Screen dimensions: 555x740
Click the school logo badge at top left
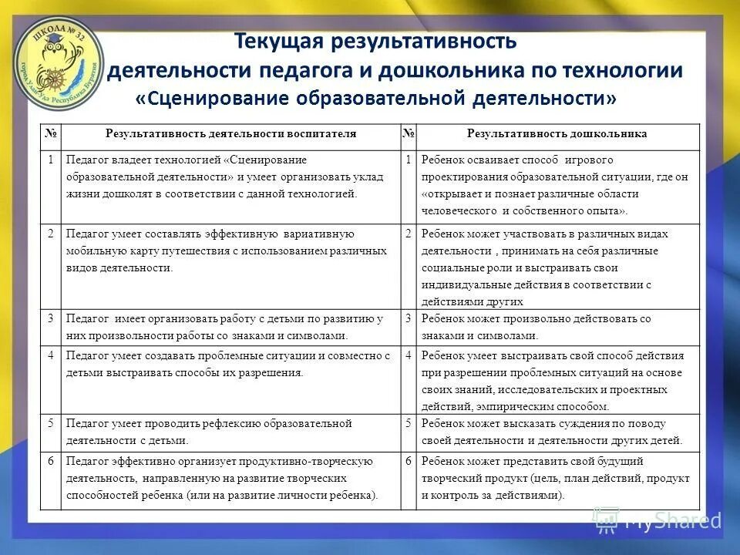[58, 56]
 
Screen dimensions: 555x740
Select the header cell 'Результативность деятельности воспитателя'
[230, 134]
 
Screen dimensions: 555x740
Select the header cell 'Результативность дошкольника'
[557, 134]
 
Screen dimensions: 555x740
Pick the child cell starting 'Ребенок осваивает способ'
[557, 185]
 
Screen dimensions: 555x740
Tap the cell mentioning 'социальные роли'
[557, 267]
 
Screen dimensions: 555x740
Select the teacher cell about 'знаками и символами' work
[230, 327]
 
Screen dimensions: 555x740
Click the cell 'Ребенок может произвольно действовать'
[557, 327]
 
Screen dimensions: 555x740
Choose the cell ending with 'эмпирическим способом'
[557, 379]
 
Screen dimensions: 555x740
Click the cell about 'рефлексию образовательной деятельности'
[230, 432]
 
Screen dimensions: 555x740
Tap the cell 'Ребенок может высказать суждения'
[557, 432]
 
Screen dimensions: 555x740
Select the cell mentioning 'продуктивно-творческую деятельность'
[230, 478]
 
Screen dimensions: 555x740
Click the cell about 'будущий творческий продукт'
[557, 478]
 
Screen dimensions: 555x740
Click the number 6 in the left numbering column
[50, 461]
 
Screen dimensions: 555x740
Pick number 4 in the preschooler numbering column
[409, 356]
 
